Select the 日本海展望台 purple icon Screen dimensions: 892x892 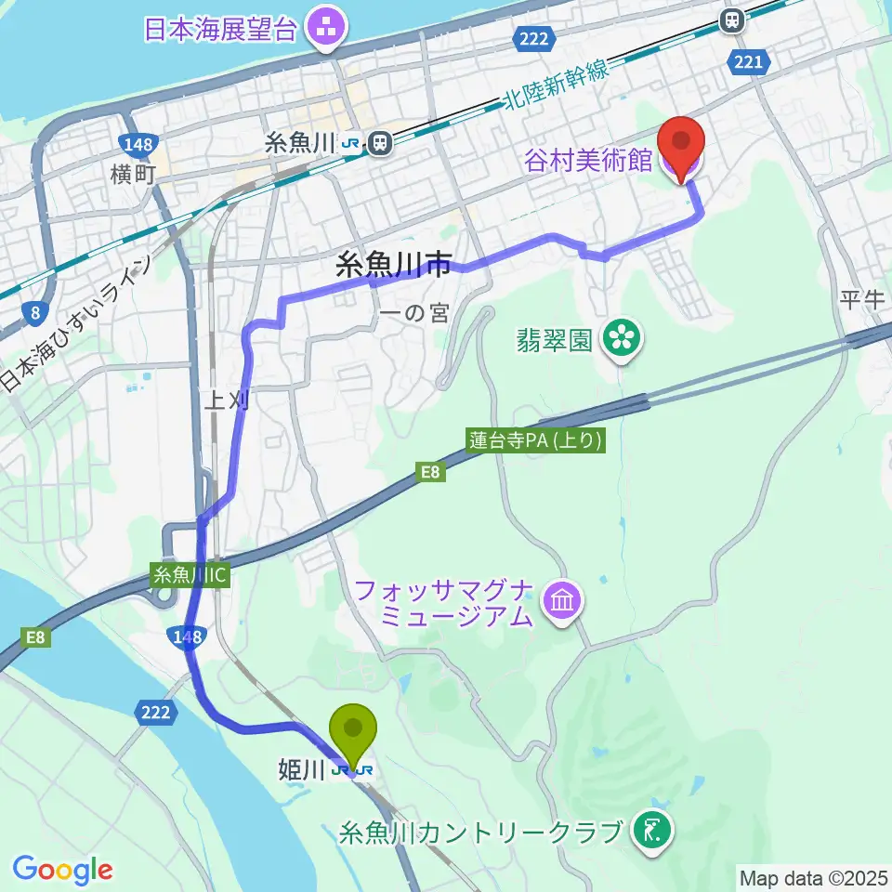pos(326,28)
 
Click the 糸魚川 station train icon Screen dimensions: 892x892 pos(379,143)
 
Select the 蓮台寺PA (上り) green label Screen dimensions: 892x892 pos(537,441)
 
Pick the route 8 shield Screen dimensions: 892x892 pos(33,313)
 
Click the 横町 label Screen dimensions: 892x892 pos(131,173)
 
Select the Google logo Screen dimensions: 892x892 pos(62,870)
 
